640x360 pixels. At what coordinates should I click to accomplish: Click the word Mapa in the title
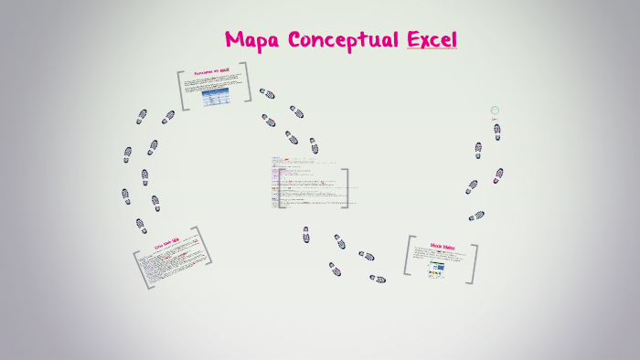tap(253, 39)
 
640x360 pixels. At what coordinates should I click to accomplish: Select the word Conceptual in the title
tap(343, 40)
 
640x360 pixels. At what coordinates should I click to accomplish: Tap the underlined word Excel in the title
tap(432, 39)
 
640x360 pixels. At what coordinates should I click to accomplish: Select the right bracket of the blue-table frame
tap(246, 82)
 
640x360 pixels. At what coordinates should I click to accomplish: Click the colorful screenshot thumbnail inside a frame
tap(437, 269)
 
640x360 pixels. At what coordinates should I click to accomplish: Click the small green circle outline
tap(495, 110)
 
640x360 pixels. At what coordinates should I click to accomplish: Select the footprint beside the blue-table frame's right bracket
tap(267, 93)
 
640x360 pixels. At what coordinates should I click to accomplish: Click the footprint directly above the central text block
tap(314, 145)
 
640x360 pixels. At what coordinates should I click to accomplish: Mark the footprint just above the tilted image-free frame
tap(141, 225)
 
